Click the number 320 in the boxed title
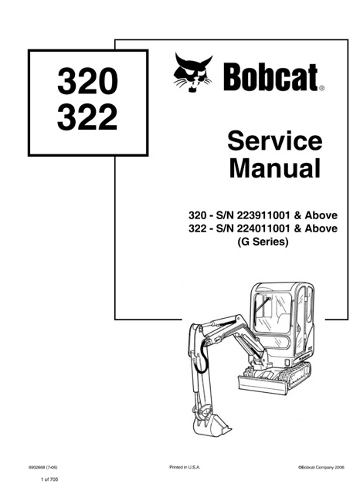click(x=87, y=81)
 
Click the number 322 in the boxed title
click(x=87, y=117)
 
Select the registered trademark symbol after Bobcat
click(x=321, y=90)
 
